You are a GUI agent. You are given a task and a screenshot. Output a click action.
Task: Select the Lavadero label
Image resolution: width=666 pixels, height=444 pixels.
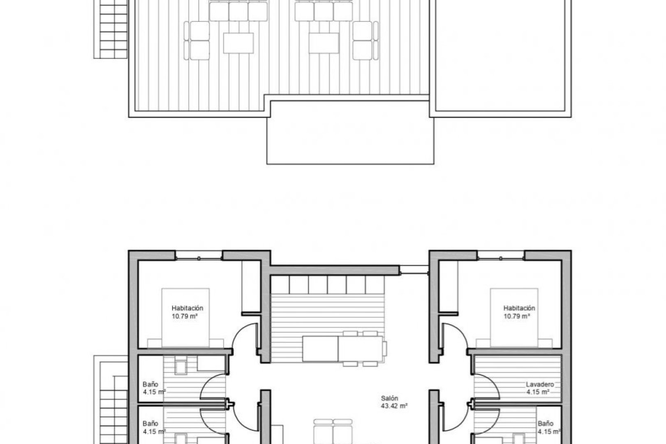tap(540, 385)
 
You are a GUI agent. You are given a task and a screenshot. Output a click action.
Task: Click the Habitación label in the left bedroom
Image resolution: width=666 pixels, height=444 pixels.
tap(187, 308)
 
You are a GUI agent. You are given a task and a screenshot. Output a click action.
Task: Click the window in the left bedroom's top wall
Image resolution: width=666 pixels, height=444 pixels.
tap(199, 258)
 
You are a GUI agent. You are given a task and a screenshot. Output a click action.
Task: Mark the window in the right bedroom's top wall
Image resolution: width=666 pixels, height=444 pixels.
tap(502, 258)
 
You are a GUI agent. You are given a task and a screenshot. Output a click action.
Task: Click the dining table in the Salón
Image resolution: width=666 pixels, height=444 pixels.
tap(344, 349)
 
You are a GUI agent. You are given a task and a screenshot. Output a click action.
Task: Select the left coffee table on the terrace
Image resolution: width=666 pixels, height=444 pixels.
tap(238, 43)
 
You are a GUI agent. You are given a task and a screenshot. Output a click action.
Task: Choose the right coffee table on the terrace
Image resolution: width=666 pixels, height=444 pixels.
tap(324, 43)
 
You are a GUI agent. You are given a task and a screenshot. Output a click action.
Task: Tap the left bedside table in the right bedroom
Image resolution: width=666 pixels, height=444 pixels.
tap(483, 343)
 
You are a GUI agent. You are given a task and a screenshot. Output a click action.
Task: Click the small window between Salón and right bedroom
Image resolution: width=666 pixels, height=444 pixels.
tap(414, 270)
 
